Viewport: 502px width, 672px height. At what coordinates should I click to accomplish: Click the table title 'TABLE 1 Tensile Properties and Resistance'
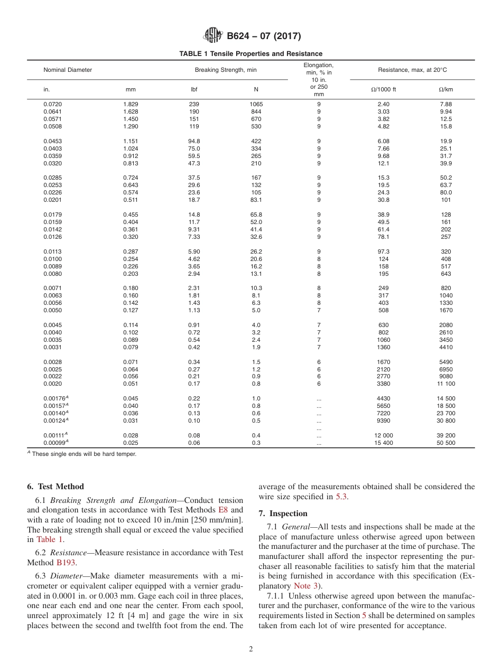[250, 54]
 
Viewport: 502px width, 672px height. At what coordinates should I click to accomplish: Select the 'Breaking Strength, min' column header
[226, 70]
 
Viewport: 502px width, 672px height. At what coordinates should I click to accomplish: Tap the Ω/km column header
[445, 89]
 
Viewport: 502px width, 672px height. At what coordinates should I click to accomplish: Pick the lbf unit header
[194, 89]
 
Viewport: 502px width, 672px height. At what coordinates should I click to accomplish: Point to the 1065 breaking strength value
[256, 104]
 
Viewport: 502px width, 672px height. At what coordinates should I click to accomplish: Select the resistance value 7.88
[446, 104]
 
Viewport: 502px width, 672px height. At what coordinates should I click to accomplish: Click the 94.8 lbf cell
[194, 141]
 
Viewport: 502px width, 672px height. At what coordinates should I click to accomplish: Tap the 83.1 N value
[256, 200]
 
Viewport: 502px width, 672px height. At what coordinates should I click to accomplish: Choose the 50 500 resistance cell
[446, 443]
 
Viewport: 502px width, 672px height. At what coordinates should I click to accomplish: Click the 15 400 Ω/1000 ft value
[384, 443]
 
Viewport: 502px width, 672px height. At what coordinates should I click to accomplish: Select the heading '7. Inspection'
[283, 514]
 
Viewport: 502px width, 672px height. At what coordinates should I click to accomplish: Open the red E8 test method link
[224, 510]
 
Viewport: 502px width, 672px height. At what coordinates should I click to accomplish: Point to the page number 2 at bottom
[251, 649]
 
